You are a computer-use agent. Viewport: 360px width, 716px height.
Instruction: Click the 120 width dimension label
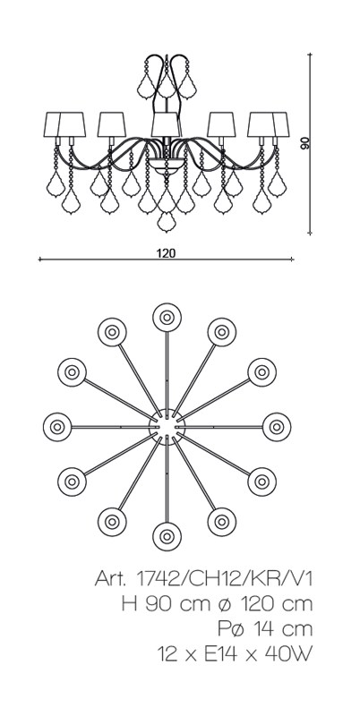(166, 253)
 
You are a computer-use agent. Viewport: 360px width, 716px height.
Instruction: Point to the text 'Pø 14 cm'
(265, 629)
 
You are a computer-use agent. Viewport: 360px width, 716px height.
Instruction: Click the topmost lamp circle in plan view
(167, 317)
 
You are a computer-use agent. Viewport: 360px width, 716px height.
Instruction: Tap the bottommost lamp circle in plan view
(167, 536)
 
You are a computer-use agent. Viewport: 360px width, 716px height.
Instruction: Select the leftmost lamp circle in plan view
(57, 427)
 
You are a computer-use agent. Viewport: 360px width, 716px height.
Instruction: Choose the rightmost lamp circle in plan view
(277, 427)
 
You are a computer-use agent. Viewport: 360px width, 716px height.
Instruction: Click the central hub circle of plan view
(167, 427)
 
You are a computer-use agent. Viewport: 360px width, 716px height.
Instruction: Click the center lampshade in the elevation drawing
(167, 124)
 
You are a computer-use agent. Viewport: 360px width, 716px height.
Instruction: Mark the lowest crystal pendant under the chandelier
(167, 222)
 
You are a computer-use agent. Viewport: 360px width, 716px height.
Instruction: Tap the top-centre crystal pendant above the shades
(167, 86)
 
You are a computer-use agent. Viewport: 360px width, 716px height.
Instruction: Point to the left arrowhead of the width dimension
(40, 260)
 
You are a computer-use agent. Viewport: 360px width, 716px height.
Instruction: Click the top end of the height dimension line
(310, 54)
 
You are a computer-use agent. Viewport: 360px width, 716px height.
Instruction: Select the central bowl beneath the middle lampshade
(167, 166)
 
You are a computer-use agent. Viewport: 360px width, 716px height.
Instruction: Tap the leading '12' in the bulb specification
(167, 655)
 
